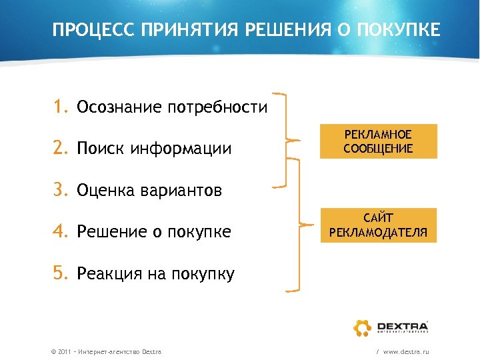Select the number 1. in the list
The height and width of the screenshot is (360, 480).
point(62,107)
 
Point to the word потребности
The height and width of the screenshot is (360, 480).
point(217,107)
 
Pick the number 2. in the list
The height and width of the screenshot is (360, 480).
point(62,148)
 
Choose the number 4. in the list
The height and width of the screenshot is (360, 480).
point(62,231)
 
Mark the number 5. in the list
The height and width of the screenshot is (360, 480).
point(62,273)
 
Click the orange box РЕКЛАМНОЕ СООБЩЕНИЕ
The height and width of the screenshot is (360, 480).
point(378,141)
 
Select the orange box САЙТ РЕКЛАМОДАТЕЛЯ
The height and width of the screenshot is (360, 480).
point(378,225)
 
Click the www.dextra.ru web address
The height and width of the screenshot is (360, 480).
point(406,351)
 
